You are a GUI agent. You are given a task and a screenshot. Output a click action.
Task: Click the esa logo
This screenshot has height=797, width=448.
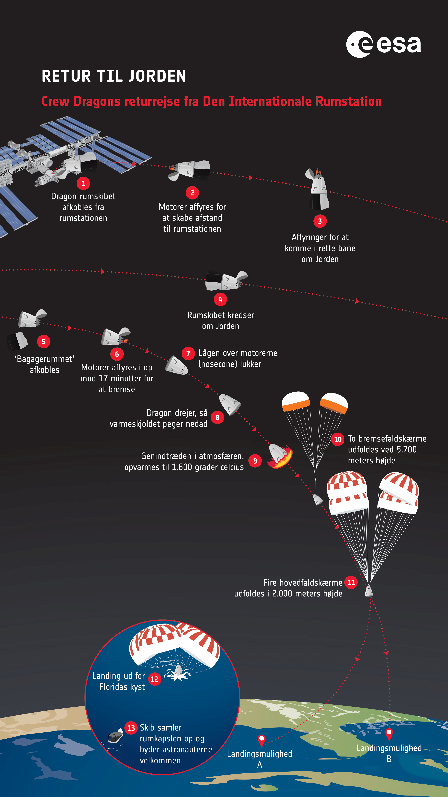[383, 44]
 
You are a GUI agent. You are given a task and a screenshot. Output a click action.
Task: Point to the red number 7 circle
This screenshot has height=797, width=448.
[188, 353]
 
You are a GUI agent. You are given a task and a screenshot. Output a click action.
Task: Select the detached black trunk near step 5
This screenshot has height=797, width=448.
[17, 341]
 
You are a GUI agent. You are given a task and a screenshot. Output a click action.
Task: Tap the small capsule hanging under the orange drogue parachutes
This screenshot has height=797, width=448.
[318, 500]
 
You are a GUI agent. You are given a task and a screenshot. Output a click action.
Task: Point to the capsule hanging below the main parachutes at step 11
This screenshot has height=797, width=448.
[369, 591]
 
